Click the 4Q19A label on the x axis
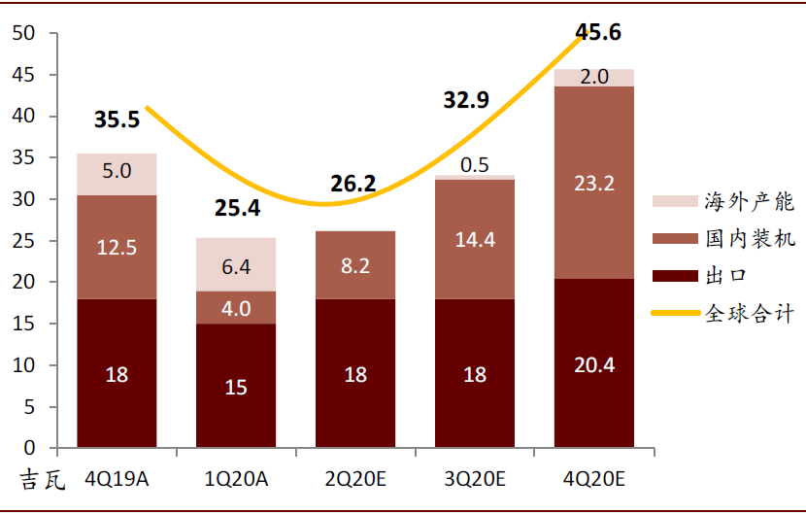[x=117, y=479]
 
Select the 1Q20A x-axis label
[x=236, y=479]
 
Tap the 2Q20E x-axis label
[x=355, y=479]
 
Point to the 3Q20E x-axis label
[x=475, y=479]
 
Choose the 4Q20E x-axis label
[x=594, y=479]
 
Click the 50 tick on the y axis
[x=23, y=33]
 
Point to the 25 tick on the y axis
[x=23, y=241]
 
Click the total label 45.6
[x=598, y=32]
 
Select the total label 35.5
[x=117, y=120]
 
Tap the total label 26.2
[x=355, y=184]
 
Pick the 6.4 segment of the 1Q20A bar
[x=236, y=264]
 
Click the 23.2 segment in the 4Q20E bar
[x=594, y=183]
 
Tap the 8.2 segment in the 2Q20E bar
[x=355, y=265]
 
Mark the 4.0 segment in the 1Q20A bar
[x=236, y=308]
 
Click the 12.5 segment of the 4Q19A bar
[x=117, y=247]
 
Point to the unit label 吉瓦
[x=43, y=480]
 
